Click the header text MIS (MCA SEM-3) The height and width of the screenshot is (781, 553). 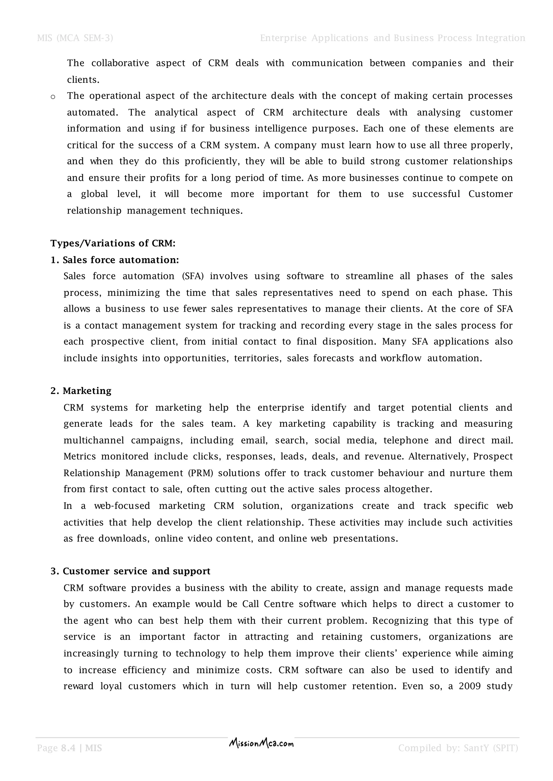coord(75,38)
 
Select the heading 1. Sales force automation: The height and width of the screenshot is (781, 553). coord(115,260)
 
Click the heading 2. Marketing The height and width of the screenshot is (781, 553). coord(81,391)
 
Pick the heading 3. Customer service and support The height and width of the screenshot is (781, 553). coord(130,571)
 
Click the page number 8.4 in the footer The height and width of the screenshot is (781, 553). coord(68,748)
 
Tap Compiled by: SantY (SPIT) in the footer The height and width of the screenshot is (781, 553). coord(458,748)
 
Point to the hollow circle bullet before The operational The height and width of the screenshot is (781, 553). coord(53,97)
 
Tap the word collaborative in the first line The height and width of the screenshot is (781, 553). coord(120,63)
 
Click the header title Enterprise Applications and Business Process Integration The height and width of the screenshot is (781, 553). coord(392,38)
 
